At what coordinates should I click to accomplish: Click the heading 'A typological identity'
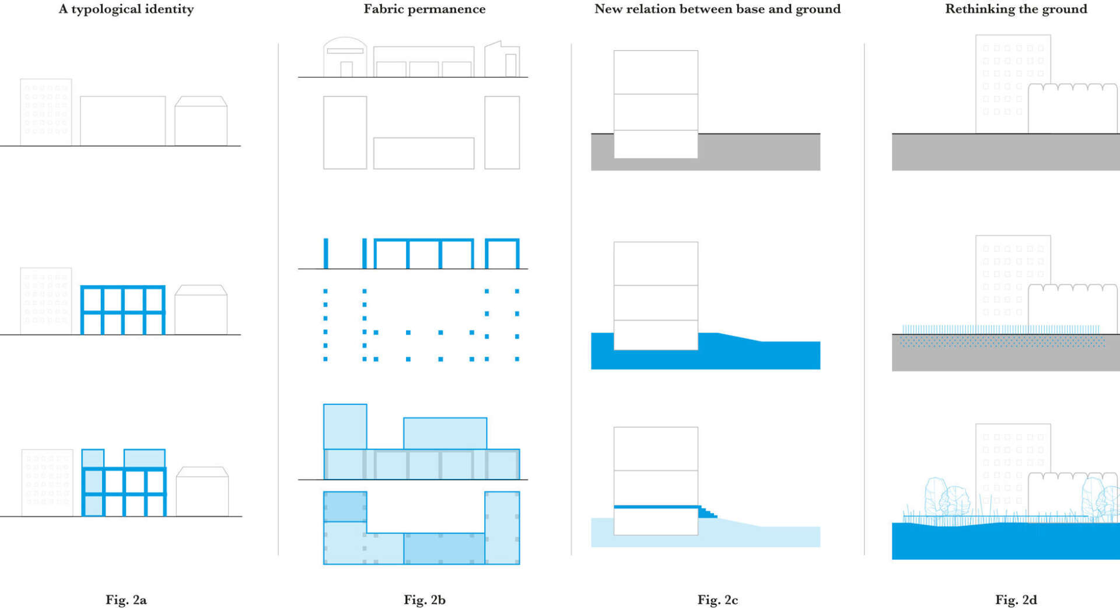pos(126,9)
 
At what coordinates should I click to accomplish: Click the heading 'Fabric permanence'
pos(424,9)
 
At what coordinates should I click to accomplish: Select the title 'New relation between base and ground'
pos(717,9)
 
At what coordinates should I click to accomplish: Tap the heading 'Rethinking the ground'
pos(1016,9)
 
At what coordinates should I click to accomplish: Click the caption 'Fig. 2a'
pos(126,599)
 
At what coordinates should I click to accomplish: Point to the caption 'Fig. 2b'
pos(424,599)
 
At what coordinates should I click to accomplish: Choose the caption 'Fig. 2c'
pos(717,599)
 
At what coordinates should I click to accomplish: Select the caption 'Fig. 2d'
pos(1016,599)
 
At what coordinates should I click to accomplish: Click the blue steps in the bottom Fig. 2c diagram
pos(708,512)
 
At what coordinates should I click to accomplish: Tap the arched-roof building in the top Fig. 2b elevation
pos(345,57)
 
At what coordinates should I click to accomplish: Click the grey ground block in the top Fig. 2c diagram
pos(758,153)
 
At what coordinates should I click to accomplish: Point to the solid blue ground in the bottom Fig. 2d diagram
pos(1006,542)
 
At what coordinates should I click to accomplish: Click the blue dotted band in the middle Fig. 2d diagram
pos(1002,341)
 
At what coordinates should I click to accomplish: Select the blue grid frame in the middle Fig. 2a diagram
pos(123,310)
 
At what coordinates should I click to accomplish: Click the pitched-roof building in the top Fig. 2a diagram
pos(201,121)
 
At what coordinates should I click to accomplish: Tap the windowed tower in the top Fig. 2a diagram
pos(46,112)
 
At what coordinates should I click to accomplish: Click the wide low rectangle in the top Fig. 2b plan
pos(423,153)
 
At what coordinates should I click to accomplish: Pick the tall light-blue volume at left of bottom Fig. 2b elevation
pos(345,427)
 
